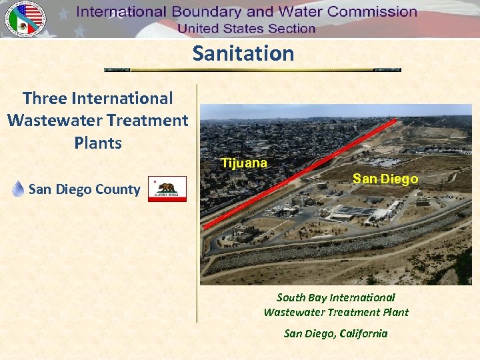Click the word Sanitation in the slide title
pos(243,53)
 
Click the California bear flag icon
pos(167,189)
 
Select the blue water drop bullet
pos(19,189)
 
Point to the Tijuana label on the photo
pos(244,163)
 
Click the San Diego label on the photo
pos(385,179)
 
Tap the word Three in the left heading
pos(45,98)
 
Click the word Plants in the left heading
pos(98,143)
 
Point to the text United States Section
pos(246,29)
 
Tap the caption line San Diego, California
pos(335,333)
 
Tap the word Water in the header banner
pos(283,12)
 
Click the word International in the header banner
pos(123,12)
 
